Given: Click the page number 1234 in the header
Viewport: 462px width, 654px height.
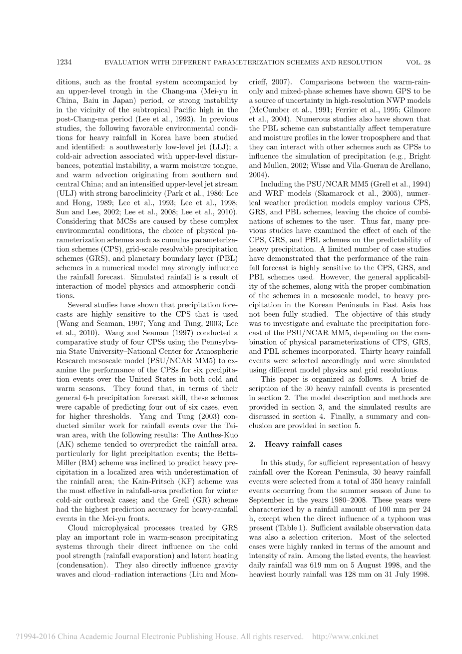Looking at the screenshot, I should [65, 62].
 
